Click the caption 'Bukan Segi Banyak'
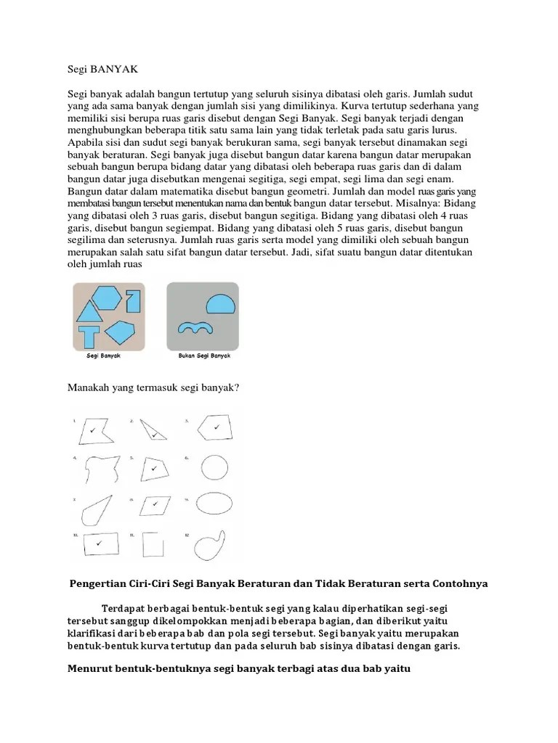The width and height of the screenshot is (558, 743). point(203,356)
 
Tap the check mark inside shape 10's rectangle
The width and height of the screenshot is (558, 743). point(99,542)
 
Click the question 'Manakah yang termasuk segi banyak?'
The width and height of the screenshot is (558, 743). point(153,388)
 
